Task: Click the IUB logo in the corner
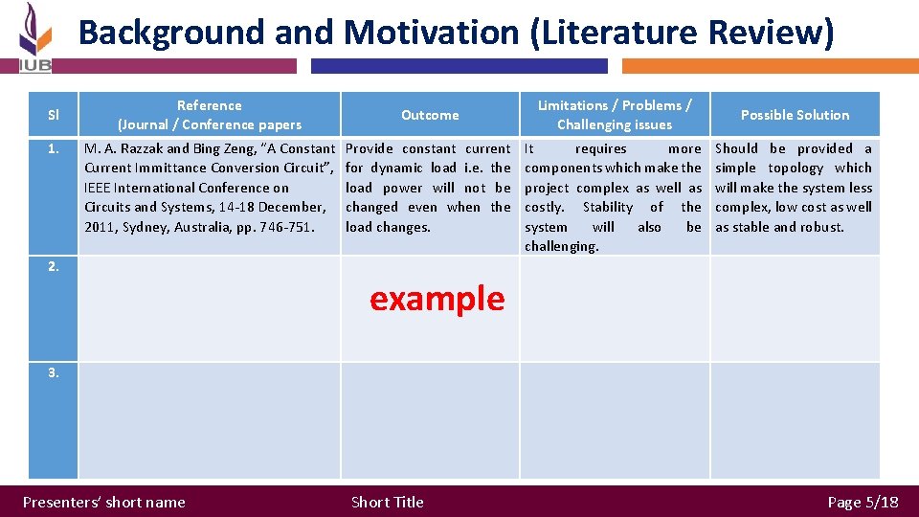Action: (34, 38)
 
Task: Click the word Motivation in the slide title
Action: (431, 33)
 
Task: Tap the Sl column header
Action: (53, 115)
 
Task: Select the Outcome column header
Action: (430, 115)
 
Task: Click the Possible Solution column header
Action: (795, 115)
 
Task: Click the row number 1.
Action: (53, 148)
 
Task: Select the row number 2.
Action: (54, 267)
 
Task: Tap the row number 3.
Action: (54, 372)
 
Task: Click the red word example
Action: (437, 299)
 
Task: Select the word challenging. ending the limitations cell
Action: (561, 247)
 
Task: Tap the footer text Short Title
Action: (387, 502)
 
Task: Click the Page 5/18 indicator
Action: (863, 502)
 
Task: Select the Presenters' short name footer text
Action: (103, 502)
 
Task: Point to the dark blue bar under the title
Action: (459, 66)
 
